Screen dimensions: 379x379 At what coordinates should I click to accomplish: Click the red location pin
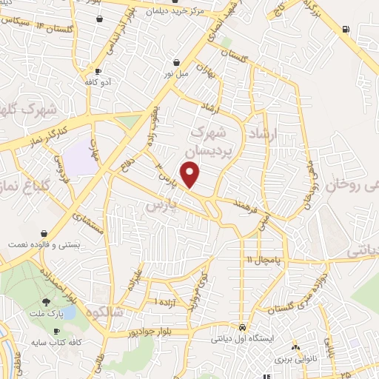[x=192, y=174]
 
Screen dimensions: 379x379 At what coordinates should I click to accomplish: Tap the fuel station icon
[x=345, y=30]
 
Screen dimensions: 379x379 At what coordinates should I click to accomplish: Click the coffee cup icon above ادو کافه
[x=98, y=71]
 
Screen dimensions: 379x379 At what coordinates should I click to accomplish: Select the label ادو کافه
[x=98, y=82]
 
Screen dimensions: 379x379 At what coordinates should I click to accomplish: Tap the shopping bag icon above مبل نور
[x=176, y=63]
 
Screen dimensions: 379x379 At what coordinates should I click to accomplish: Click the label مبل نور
[x=176, y=74]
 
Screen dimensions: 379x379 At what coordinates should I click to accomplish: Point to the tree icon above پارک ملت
[x=47, y=301]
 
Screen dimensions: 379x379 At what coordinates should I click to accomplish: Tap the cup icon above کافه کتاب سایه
[x=57, y=331]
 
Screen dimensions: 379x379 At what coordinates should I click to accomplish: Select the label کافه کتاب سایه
[x=49, y=343]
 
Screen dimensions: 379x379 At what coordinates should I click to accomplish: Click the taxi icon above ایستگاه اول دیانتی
[x=243, y=327]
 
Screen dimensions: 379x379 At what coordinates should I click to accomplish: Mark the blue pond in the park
[x=67, y=312]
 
